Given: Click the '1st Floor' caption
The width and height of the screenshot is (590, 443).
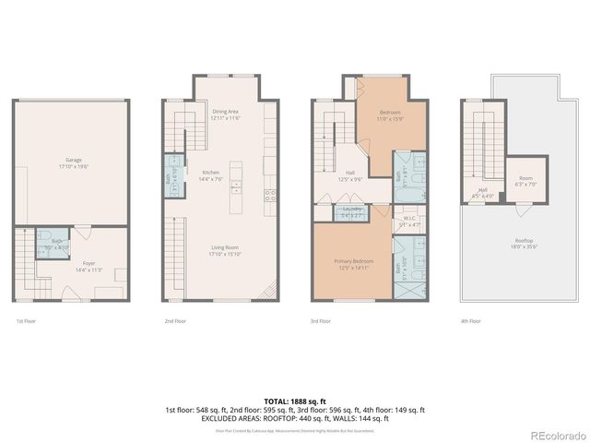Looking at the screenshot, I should (x=27, y=321).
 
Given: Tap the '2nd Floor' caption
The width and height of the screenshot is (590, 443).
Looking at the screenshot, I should (x=173, y=321).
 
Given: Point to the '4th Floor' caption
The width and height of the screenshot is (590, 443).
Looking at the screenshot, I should (x=470, y=321).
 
